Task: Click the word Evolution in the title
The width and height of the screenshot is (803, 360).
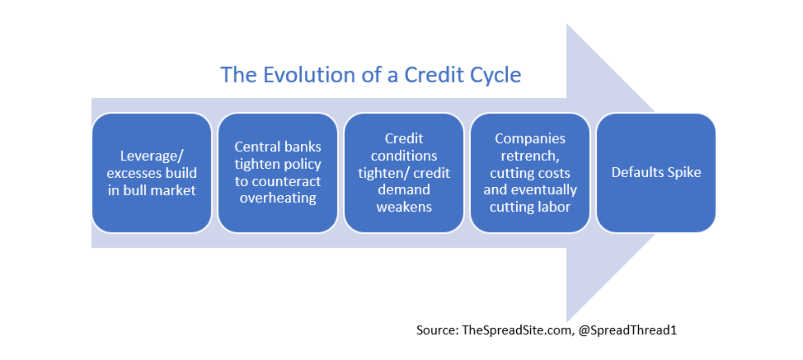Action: tap(309, 75)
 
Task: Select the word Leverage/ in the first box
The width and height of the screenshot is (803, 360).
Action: tap(152, 156)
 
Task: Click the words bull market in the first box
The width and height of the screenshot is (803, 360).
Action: tap(160, 190)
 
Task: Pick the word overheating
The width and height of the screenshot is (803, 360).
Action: tap(278, 198)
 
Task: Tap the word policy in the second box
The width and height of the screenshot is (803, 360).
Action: tap(302, 164)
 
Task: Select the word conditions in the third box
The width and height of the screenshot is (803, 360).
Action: tap(404, 156)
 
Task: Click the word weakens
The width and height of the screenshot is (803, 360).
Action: tap(404, 207)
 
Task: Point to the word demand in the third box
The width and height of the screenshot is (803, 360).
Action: tap(404, 189)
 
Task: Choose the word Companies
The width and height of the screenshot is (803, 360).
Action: tap(530, 139)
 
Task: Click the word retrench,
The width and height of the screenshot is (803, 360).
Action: tap(530, 156)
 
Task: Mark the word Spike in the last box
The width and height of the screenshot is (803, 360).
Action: tap(684, 172)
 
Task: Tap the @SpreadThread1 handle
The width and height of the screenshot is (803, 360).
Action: tap(627, 330)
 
